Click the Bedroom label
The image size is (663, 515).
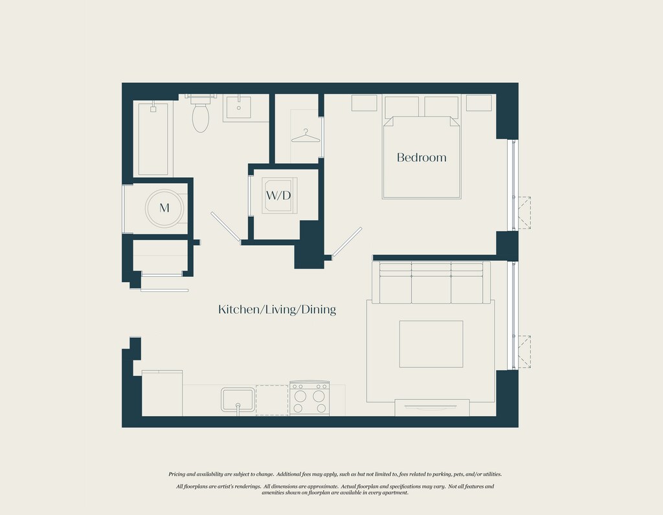[x=421, y=158]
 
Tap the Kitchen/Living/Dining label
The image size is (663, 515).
[x=277, y=310]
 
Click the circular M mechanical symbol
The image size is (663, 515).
[x=164, y=208]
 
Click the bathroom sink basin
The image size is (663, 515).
[x=238, y=107]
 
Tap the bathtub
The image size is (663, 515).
[x=153, y=138]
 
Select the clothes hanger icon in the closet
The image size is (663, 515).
[x=306, y=136]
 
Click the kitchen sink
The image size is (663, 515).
[x=238, y=400]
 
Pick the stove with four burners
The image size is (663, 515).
[x=309, y=398]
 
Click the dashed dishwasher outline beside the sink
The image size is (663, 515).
[x=272, y=400]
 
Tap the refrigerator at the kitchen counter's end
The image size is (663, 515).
[x=162, y=393]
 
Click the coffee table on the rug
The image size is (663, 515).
[x=431, y=344]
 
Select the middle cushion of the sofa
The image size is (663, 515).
[x=431, y=283]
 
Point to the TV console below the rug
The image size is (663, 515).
[x=432, y=407]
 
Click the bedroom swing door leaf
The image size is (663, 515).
[x=347, y=242]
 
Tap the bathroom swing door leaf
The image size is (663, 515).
[x=226, y=227]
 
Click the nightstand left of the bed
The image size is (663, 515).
[x=364, y=103]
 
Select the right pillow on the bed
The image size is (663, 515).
[x=442, y=107]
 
